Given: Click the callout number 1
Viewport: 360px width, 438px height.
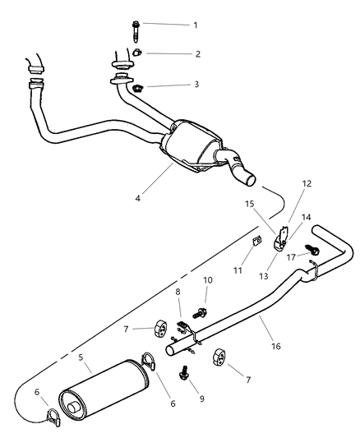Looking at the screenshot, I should (196, 25).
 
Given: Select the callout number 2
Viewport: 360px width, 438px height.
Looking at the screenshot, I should (196, 54).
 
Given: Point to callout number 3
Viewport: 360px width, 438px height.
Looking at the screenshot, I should (196, 85).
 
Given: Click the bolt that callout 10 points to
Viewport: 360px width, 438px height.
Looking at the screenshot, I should (199, 311).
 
